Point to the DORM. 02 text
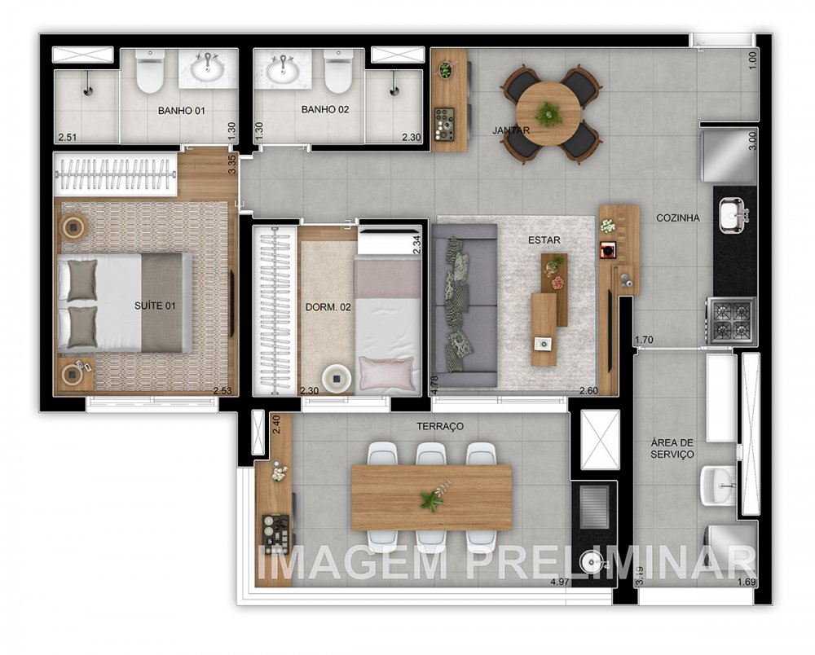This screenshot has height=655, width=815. pyautogui.click(x=328, y=307)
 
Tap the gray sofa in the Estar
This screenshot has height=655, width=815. pyautogui.click(x=463, y=306)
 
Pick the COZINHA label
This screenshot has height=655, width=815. pyautogui.click(x=678, y=218)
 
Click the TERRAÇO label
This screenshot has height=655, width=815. pyautogui.click(x=440, y=426)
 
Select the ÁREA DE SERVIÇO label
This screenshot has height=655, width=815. pyautogui.click(x=672, y=448)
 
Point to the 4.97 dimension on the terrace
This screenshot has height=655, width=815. pyautogui.click(x=559, y=581)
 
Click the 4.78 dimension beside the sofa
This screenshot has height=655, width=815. pyautogui.click(x=435, y=384)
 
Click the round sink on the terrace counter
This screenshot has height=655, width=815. pyautogui.click(x=593, y=562)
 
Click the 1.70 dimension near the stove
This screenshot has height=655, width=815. pyautogui.click(x=644, y=340)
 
